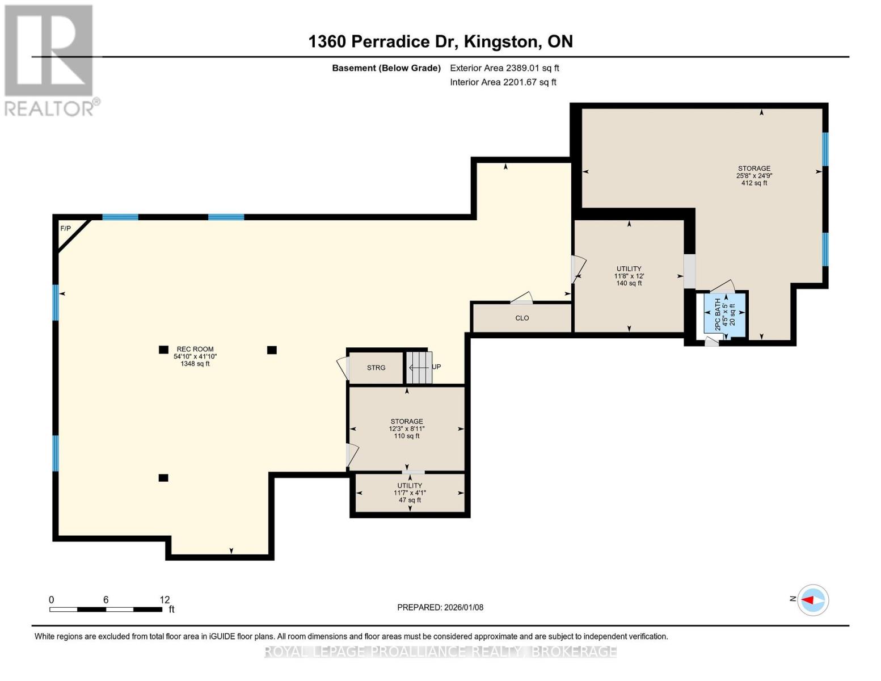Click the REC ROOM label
click(195, 349)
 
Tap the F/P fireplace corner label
click(65, 228)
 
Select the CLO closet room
click(522, 318)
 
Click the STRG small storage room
click(376, 368)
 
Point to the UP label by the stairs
click(436, 367)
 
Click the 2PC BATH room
click(725, 314)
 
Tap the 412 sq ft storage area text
click(754, 183)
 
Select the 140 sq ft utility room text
click(629, 283)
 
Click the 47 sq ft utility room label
click(410, 500)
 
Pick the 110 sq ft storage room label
click(407, 436)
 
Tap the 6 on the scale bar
click(106, 599)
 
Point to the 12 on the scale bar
click(164, 599)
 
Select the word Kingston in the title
click(501, 41)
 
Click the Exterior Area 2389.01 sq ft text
click(504, 68)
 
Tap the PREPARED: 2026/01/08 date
click(440, 607)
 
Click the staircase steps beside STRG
click(419, 368)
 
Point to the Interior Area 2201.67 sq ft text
click(503, 82)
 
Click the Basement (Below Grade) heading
click(386, 68)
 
